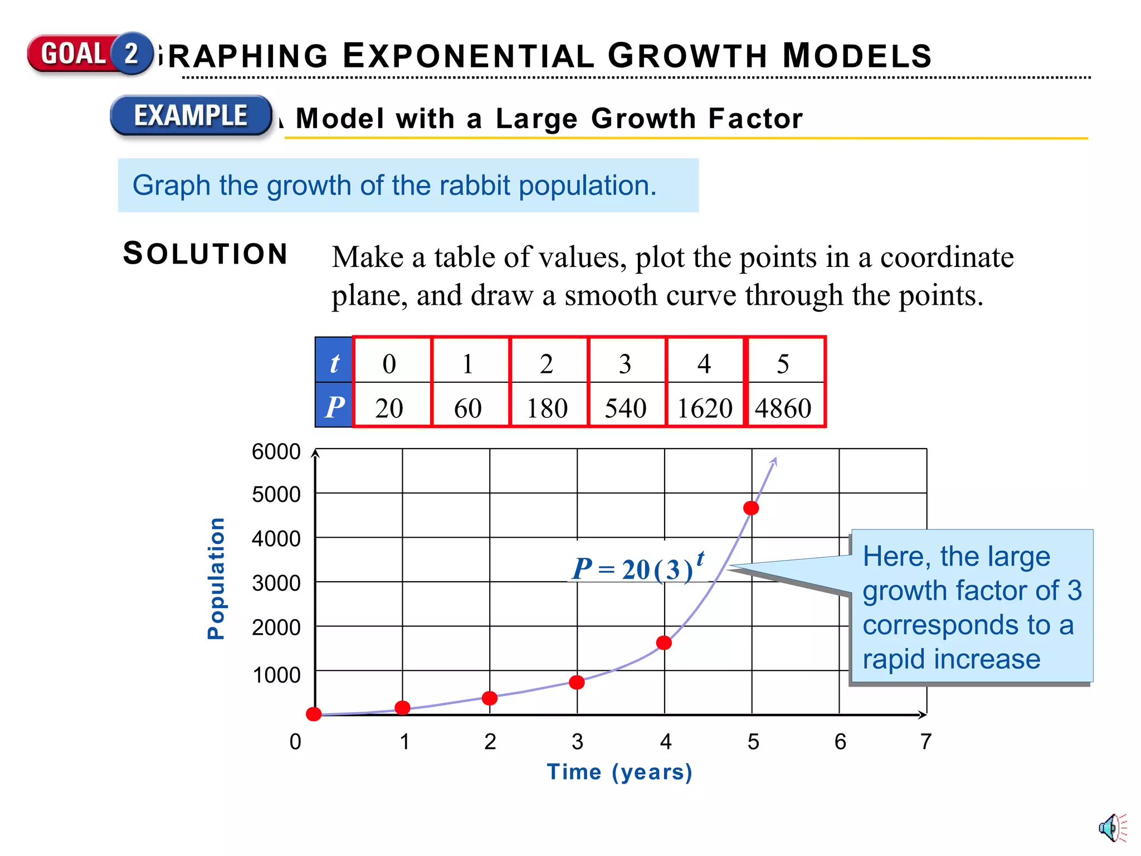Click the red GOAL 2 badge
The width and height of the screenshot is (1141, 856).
(89, 53)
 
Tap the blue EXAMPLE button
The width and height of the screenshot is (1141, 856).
(191, 116)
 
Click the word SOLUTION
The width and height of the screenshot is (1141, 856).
(205, 254)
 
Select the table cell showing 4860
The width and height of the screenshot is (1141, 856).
(784, 407)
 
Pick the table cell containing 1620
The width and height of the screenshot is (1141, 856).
(705, 407)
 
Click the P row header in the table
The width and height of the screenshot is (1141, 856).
(334, 406)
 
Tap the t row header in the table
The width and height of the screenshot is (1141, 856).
(334, 363)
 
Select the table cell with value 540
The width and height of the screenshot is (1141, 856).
(626, 407)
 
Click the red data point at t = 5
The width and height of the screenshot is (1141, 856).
(751, 508)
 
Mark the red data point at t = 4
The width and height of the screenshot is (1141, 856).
(664, 643)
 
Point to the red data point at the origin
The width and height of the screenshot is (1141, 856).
(314, 714)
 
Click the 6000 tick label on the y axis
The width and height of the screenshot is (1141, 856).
(276, 451)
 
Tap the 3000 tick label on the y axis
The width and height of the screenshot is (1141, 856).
(276, 583)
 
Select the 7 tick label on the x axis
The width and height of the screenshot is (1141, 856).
(925, 742)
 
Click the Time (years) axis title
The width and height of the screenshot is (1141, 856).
(619, 772)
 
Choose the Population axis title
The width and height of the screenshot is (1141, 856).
(216, 578)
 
